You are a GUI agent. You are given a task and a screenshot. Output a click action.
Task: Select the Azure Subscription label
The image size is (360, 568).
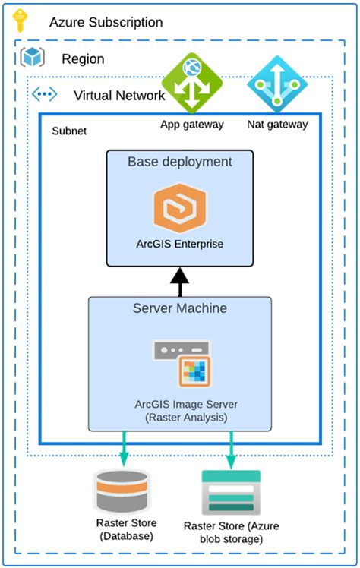(x=106, y=22)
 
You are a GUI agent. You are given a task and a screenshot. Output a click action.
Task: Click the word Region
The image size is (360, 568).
(x=83, y=59)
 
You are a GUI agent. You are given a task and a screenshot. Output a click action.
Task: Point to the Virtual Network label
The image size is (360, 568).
(x=118, y=96)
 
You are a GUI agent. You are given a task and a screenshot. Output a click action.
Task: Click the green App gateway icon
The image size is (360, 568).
(x=191, y=82)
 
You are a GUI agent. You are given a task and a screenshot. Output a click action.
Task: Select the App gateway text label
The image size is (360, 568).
(x=191, y=125)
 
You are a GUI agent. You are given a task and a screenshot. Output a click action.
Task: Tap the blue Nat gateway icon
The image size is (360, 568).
(x=277, y=82)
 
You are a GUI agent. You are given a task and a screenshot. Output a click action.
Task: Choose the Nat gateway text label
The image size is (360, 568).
(x=277, y=125)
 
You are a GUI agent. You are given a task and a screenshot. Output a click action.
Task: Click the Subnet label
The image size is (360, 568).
(x=68, y=131)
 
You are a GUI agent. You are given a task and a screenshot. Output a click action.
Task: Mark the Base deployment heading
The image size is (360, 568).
(x=179, y=162)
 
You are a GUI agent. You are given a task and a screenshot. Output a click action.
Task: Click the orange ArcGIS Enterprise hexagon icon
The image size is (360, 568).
(x=179, y=206)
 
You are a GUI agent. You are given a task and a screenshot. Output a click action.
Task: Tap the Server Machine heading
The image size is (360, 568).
(x=180, y=309)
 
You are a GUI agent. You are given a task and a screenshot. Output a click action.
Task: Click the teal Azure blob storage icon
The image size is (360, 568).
(x=231, y=492)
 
